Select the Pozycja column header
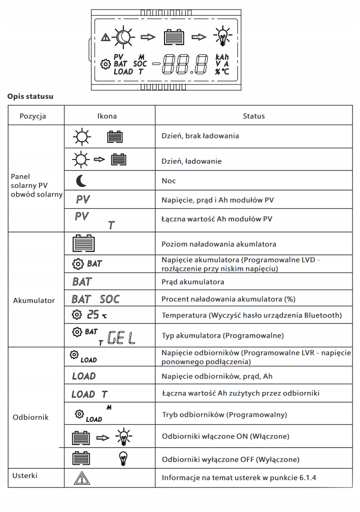click(x=33, y=116)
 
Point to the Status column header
click(x=254, y=116)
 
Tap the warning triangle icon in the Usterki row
click(x=81, y=478)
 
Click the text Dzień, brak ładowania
click(x=200, y=136)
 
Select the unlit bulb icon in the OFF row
click(x=123, y=459)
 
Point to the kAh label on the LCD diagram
click(x=223, y=57)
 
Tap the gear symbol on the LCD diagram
click(x=105, y=64)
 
